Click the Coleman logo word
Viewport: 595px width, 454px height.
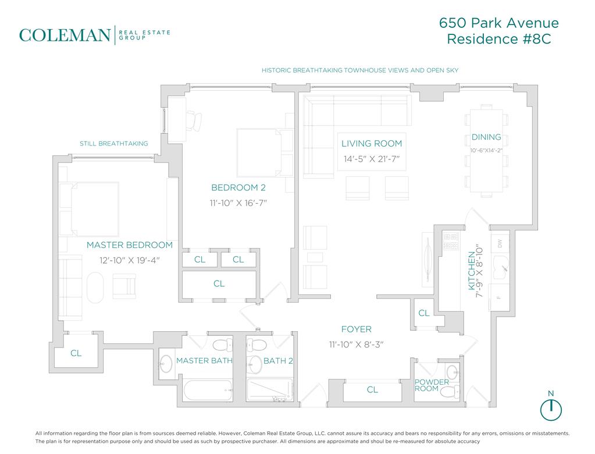coord(65,36)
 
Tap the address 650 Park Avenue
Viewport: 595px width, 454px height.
coord(498,23)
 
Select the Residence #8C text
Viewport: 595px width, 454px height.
coord(498,39)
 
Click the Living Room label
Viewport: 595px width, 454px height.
coord(372,144)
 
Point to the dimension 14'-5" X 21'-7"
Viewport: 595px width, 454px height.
coord(372,159)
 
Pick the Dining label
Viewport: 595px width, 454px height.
coord(486,137)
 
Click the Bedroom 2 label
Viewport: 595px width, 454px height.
coord(238,187)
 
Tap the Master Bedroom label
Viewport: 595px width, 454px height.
coord(129,245)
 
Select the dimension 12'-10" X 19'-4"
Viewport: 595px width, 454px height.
coord(129,260)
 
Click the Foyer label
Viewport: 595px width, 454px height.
coord(357,329)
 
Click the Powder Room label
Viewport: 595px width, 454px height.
coord(432,385)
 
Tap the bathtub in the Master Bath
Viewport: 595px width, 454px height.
coord(208,390)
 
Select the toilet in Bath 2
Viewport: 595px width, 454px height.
coord(257,345)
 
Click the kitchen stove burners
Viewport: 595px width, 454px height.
coord(451,241)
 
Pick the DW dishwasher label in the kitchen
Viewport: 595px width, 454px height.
coord(500,243)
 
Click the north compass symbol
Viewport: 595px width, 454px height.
coord(551,409)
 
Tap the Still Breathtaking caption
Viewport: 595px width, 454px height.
coord(114,144)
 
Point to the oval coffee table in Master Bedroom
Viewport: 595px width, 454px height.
coord(95,288)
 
